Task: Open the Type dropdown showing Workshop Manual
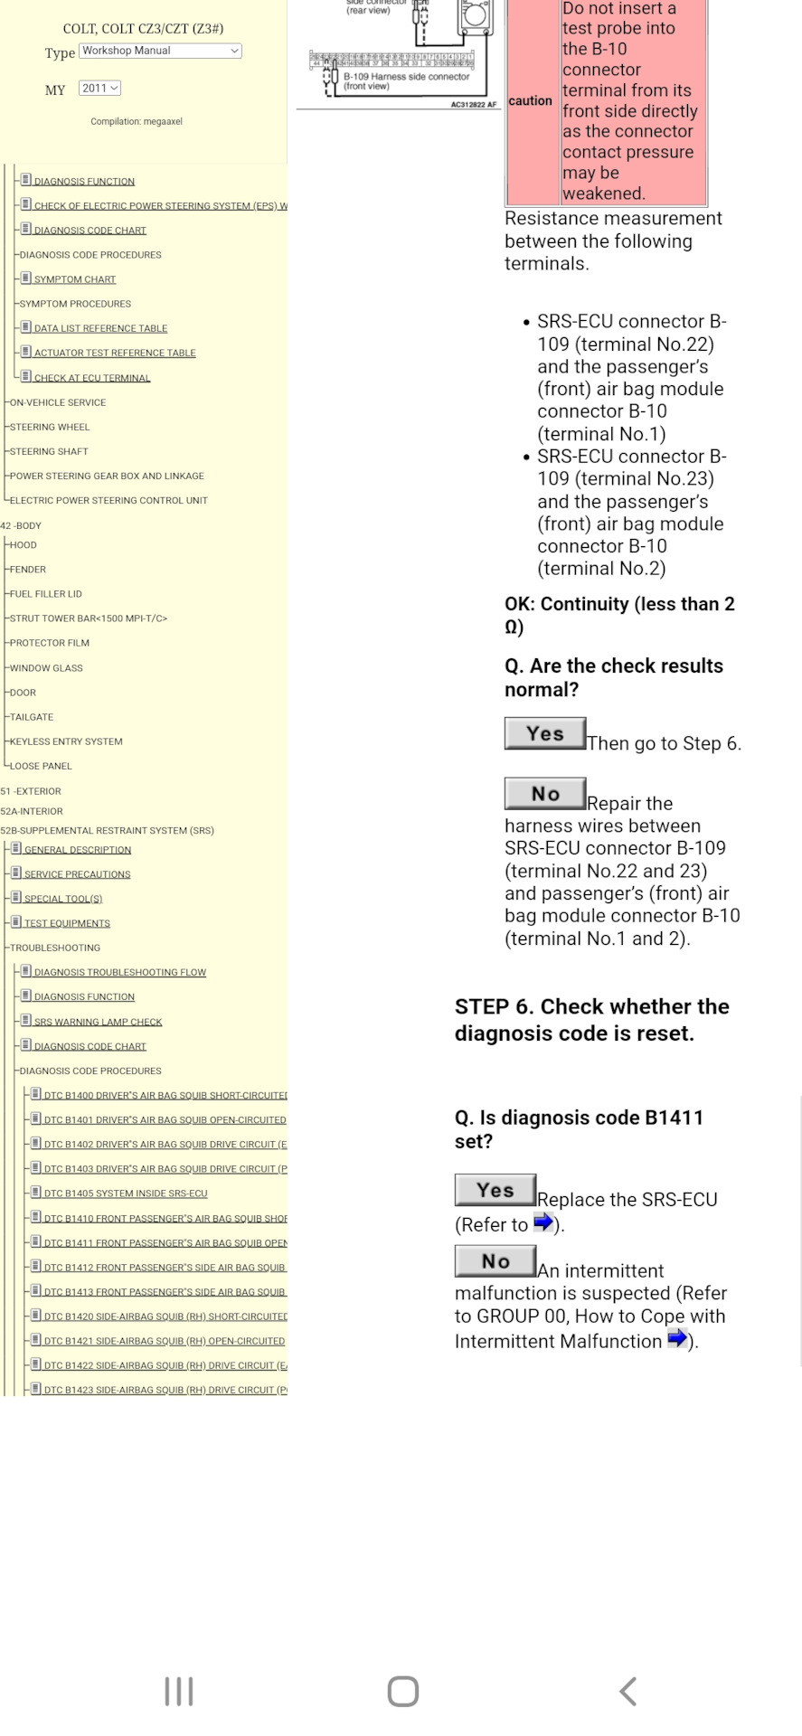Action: [x=160, y=52]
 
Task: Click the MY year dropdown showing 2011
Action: [x=99, y=89]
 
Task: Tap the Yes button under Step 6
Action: [x=495, y=1190]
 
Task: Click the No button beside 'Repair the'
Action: [x=545, y=794]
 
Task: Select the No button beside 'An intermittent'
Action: [x=495, y=1261]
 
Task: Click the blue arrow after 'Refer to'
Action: [x=543, y=1223]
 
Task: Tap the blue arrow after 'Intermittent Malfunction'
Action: [x=676, y=1339]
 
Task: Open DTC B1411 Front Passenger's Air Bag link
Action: [x=165, y=1243]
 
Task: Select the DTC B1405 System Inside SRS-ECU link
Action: [x=126, y=1193]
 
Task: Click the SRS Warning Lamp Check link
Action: [x=98, y=1022]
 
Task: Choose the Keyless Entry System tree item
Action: [x=66, y=741]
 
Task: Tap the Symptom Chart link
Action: [x=75, y=279]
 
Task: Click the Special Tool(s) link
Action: [x=63, y=899]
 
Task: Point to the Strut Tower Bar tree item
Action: [x=88, y=618]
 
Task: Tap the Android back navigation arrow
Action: [x=627, y=1691]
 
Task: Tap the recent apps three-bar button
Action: [x=179, y=1691]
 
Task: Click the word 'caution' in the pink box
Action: [x=530, y=101]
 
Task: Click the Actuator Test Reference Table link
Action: [x=115, y=353]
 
